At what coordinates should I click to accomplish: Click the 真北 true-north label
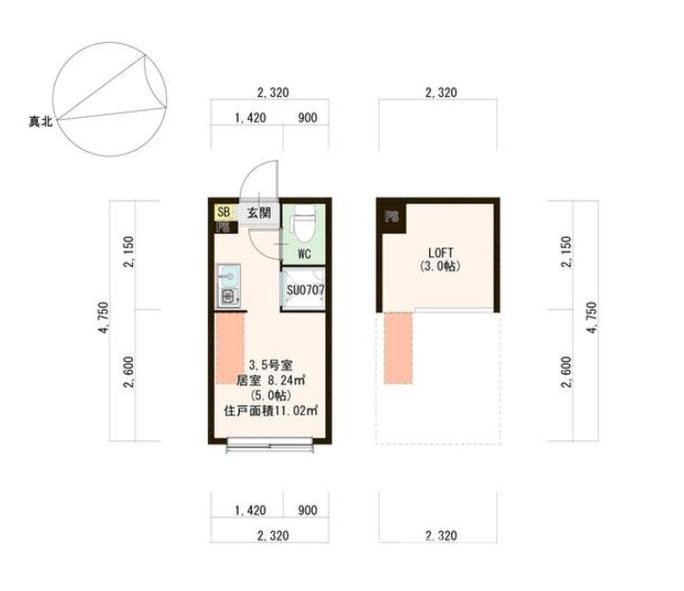point(41,121)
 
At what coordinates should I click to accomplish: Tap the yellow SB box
point(225,213)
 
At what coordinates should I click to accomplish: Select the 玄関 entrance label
point(259,213)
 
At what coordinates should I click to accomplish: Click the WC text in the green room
point(304,254)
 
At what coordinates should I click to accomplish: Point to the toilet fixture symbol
point(304,225)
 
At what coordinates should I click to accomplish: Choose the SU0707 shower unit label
point(306,290)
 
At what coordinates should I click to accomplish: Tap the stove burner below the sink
point(229,297)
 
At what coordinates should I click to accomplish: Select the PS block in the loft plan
point(391,217)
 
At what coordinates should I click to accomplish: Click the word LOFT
point(440,253)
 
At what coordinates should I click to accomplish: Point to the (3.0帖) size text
point(440,266)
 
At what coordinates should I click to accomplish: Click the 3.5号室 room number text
point(271,365)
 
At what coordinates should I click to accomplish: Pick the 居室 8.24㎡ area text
point(271,380)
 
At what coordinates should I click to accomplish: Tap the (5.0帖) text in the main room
point(271,395)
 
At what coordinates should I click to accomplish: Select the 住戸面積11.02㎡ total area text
point(271,410)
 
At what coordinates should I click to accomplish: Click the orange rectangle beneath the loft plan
point(397,348)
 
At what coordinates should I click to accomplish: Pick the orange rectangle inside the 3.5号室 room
point(230,348)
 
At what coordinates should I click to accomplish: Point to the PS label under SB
point(224,227)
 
